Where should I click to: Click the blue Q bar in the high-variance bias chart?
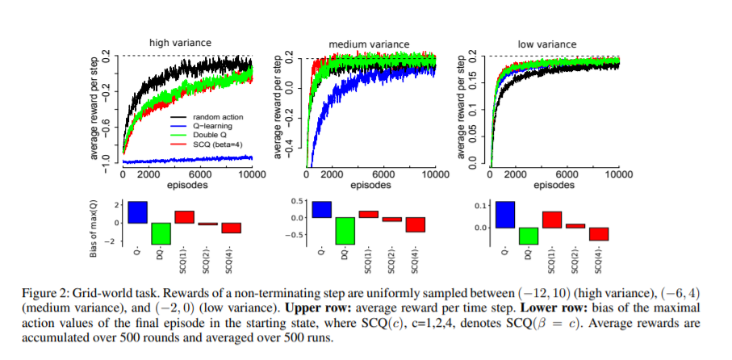(137, 211)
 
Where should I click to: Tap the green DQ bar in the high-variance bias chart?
(161, 233)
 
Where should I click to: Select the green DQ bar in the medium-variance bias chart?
(346, 230)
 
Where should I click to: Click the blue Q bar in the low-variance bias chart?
(504, 215)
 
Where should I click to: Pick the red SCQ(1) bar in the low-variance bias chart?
(551, 220)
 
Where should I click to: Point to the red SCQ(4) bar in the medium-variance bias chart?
(416, 224)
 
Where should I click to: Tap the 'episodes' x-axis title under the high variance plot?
(187, 185)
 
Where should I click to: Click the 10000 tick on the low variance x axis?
(618, 174)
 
